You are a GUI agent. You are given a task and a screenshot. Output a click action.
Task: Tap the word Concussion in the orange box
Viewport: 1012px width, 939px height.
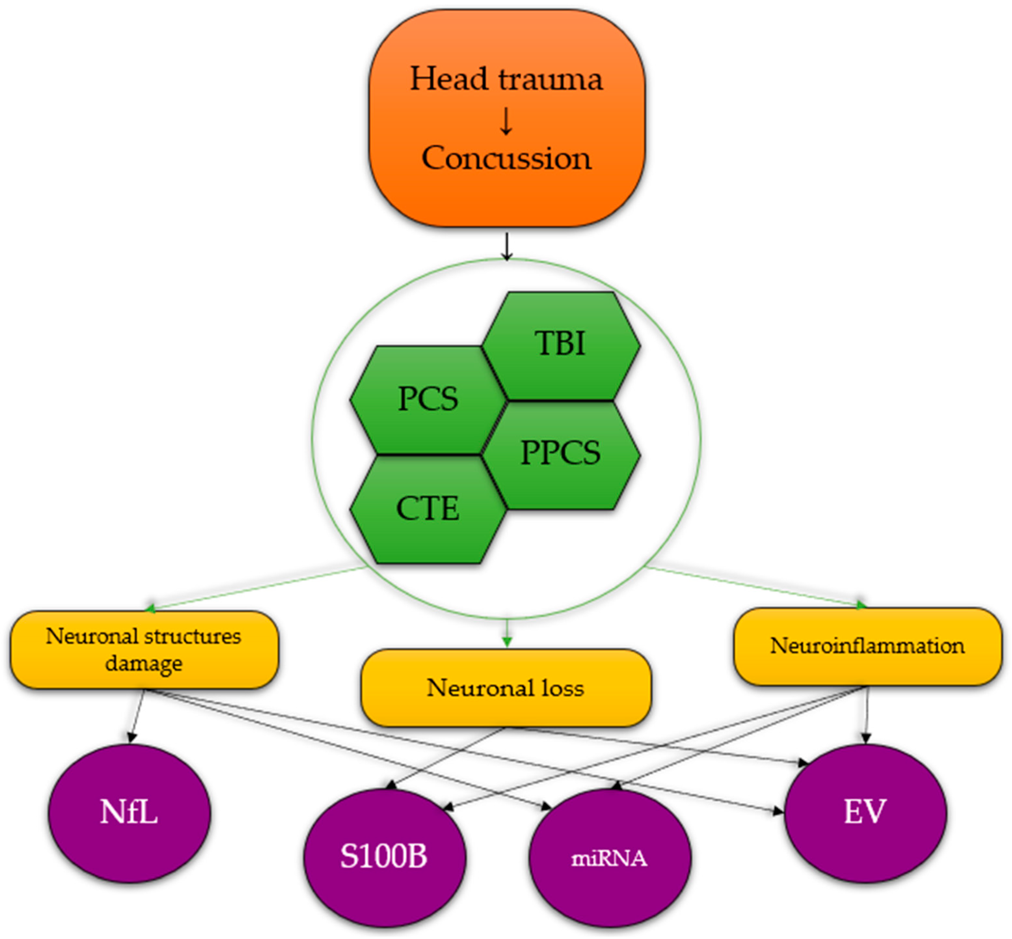506,158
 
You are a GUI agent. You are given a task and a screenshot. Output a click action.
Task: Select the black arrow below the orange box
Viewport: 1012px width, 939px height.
506,246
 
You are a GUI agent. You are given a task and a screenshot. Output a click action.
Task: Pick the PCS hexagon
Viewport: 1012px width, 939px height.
428,399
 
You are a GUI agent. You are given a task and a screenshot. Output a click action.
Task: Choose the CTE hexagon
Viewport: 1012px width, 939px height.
428,509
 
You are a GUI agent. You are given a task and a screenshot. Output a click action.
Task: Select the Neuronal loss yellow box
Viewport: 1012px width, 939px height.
505,688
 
